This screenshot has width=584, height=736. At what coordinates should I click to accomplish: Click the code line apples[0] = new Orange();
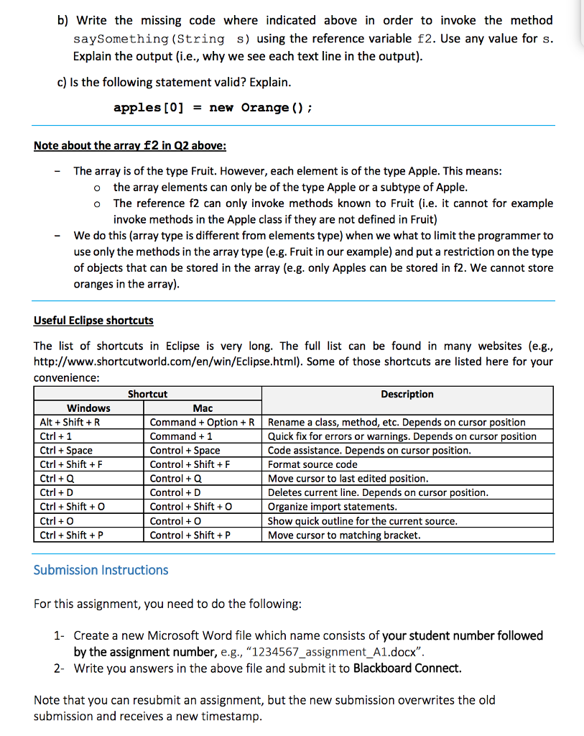point(212,108)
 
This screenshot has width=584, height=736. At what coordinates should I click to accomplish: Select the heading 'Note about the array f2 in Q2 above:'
point(130,145)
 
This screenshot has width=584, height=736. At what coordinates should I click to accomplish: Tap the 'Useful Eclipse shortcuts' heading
point(93,320)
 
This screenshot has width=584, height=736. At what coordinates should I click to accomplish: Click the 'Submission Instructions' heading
point(101,570)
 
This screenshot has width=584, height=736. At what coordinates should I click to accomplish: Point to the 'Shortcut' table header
point(147,394)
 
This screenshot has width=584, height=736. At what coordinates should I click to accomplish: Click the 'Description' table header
point(407,394)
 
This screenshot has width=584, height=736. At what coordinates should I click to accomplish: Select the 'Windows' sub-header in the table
point(88,408)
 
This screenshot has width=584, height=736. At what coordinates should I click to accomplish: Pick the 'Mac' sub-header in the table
point(203,408)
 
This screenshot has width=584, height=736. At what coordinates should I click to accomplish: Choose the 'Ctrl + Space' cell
point(66,451)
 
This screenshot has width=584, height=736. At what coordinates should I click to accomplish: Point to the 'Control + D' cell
point(175,492)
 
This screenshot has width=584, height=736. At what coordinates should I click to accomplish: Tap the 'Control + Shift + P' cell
point(190,535)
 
